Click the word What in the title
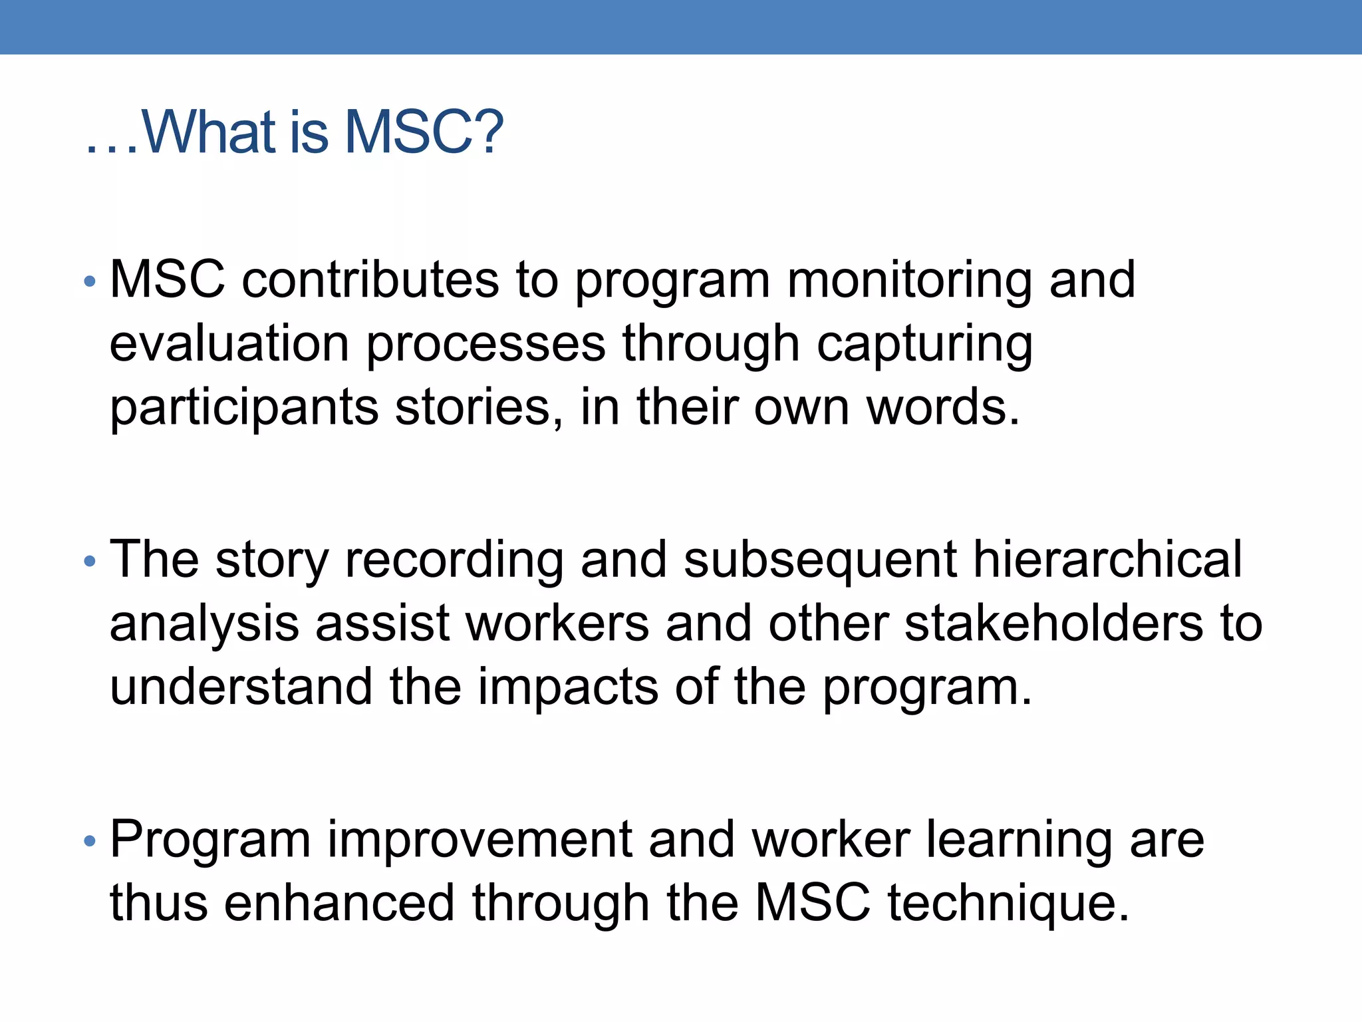click(209, 132)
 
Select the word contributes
click(370, 279)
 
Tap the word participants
click(243, 409)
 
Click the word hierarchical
click(1107, 559)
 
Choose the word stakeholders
click(1053, 623)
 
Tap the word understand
click(241, 687)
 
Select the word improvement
click(479, 840)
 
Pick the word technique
click(1008, 904)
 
